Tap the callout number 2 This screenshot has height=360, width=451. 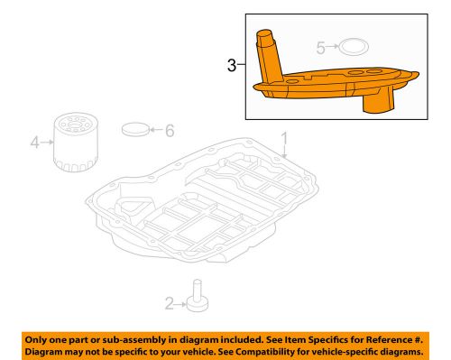169,302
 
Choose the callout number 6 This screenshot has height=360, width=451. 169,130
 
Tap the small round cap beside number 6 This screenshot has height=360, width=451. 134,128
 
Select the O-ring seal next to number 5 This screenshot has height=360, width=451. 356,45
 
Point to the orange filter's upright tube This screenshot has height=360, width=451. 268,54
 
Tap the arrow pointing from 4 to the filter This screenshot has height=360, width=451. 48,142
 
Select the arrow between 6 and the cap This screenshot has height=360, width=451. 154,130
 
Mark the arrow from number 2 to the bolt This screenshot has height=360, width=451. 181,302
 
